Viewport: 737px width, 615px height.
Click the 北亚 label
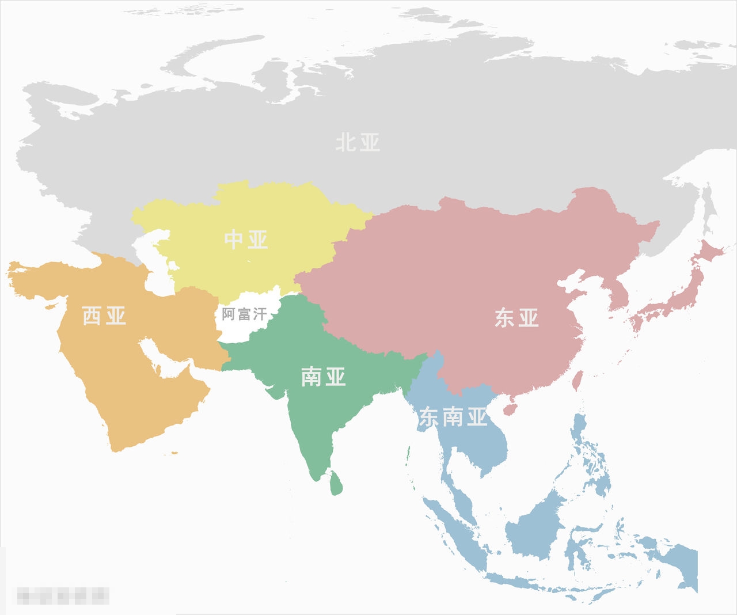pyautogui.click(x=358, y=142)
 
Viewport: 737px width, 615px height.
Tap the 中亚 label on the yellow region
pyautogui.click(x=246, y=240)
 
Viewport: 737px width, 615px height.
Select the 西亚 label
pyautogui.click(x=104, y=316)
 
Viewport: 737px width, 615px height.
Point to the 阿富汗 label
pyautogui.click(x=244, y=314)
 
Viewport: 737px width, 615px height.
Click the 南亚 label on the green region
pyautogui.click(x=323, y=377)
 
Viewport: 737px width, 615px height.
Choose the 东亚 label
pyautogui.click(x=516, y=318)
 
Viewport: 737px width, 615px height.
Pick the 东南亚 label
pyautogui.click(x=453, y=417)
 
